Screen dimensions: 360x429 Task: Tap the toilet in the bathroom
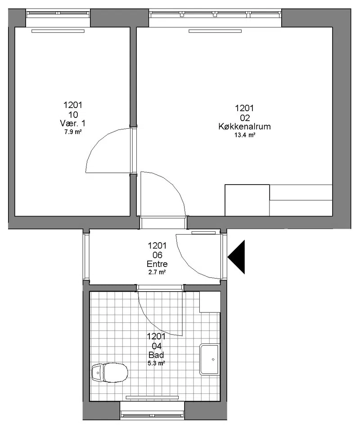[x=110, y=372]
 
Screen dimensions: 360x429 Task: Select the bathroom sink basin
[x=210, y=359]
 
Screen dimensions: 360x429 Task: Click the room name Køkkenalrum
[x=244, y=126]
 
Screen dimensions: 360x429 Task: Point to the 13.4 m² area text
[x=245, y=135]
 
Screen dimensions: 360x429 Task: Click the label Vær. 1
[x=72, y=123]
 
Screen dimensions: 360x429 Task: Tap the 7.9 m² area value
[x=73, y=132]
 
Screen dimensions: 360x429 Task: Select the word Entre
[x=157, y=264]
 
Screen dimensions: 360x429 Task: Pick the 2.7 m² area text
[x=157, y=272]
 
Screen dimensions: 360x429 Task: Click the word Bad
[x=156, y=355]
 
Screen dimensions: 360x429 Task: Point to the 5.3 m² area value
[x=156, y=363]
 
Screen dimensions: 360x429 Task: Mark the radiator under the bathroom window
[x=152, y=397]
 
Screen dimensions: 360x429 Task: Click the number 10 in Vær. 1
[x=73, y=115]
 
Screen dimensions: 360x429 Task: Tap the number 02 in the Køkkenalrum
[x=245, y=118]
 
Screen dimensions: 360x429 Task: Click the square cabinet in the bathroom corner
[x=210, y=302]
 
